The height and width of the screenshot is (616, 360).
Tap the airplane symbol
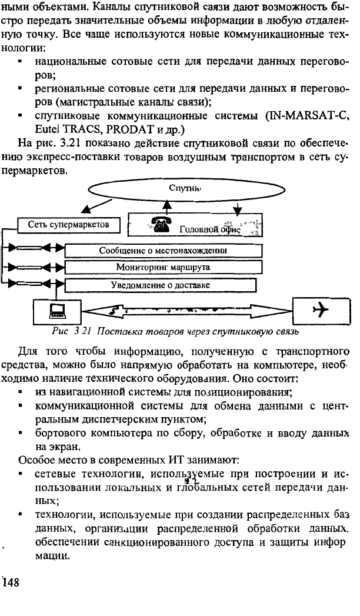320,311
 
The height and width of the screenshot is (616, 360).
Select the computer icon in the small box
55,311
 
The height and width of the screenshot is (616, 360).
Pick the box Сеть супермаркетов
68,225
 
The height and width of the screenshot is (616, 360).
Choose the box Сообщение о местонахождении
164,251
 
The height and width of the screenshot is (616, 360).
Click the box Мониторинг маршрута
164,268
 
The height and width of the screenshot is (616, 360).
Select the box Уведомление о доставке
161,285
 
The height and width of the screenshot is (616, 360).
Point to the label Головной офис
210,229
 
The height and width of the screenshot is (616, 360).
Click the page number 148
11,582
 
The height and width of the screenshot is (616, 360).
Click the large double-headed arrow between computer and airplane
187,311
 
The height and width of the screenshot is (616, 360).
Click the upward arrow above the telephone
168,207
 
